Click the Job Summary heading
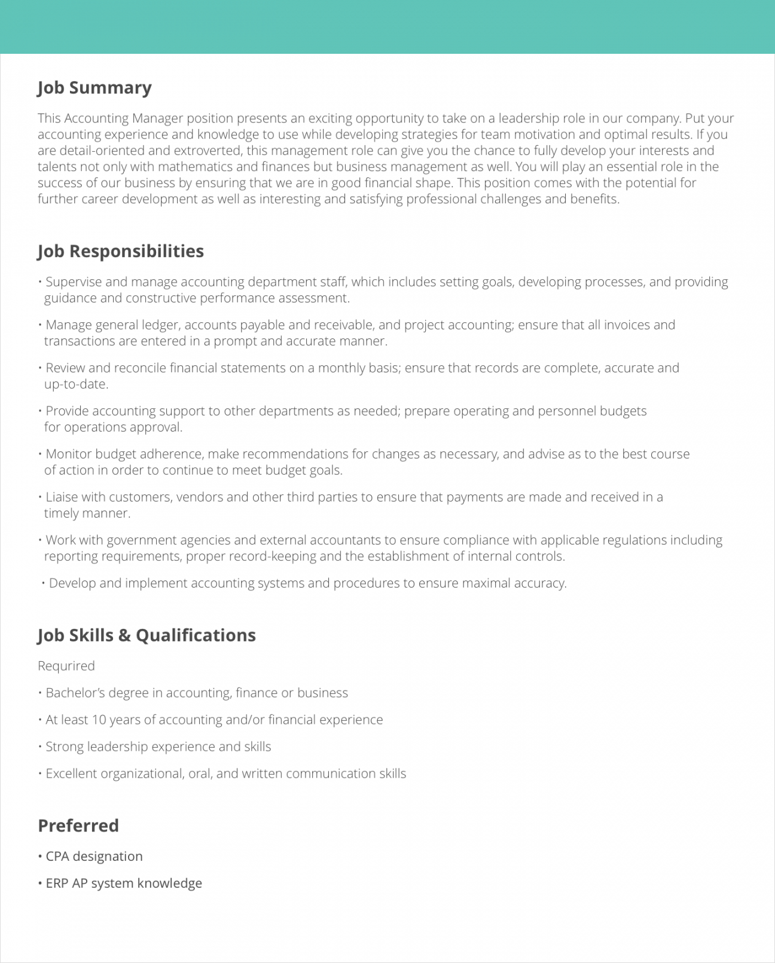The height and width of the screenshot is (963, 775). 94,88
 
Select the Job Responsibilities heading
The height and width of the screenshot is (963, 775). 120,251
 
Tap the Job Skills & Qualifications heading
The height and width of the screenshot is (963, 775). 147,635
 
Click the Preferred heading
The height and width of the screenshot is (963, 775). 78,826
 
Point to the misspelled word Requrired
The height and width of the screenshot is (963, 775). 66,666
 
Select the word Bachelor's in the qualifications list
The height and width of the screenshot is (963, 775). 75,693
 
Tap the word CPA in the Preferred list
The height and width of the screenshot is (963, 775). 57,856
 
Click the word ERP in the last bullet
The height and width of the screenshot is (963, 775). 57,883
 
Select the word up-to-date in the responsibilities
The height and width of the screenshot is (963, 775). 75,384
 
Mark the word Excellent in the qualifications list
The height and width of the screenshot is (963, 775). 71,774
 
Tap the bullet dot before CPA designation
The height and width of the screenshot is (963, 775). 40,856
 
